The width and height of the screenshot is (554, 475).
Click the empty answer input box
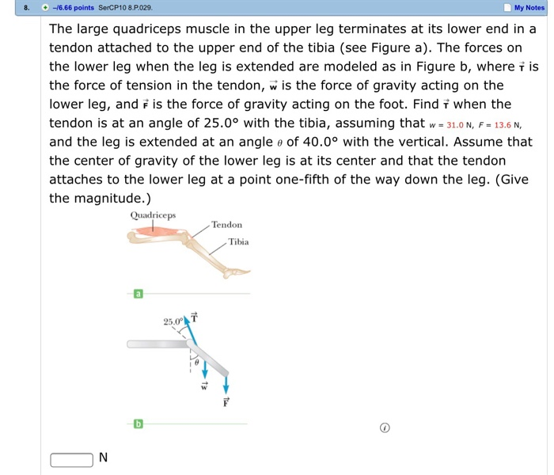71,459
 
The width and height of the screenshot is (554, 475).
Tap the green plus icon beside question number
46,8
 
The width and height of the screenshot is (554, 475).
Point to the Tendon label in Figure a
226,225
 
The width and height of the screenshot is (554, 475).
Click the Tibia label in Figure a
238,241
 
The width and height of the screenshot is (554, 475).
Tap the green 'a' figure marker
138,294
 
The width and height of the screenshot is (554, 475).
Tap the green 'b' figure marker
138,424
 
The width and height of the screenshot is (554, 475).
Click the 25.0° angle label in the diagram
173,321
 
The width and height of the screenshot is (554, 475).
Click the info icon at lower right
385,427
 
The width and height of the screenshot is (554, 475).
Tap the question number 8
26,8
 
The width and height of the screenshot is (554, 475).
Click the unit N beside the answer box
103,458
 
